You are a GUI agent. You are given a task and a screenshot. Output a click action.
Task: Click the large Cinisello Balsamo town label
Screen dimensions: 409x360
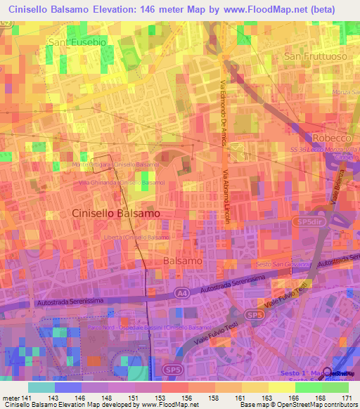(116, 212)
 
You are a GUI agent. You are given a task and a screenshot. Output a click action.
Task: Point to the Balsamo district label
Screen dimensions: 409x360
(183, 261)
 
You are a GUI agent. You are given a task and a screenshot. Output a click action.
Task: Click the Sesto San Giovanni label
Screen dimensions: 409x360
(285, 264)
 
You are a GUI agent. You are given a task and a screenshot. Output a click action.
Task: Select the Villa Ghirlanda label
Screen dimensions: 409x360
(122, 183)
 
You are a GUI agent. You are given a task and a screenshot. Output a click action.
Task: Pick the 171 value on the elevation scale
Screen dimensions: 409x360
(347, 398)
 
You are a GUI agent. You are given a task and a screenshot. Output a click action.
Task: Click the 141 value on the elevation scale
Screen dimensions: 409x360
(27, 398)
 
